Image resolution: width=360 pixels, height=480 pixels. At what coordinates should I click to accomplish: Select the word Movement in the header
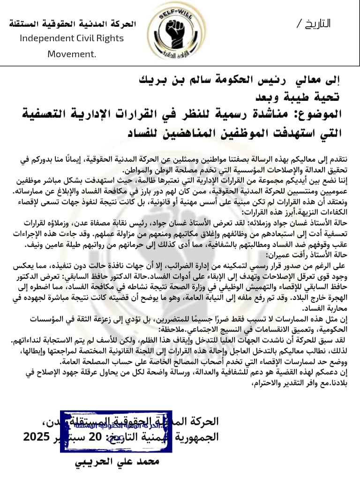coord(71,54)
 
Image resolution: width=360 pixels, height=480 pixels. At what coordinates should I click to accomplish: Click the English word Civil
coord(80,38)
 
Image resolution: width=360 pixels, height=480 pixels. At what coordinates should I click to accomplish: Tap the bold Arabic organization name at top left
coord(72,24)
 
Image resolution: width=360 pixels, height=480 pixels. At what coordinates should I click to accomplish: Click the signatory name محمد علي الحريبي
coord(117,461)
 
